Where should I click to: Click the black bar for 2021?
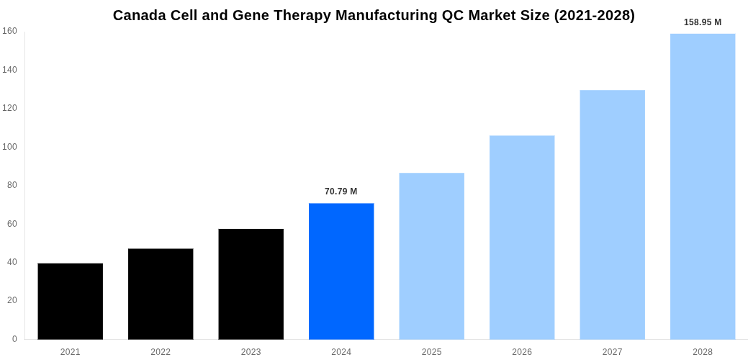[71, 301]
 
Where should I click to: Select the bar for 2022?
[161, 294]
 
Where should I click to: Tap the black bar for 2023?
[251, 284]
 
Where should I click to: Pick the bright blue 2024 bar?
[341, 271]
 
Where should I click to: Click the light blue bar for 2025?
[432, 256]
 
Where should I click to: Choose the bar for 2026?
[522, 237]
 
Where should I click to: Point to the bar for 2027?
[613, 215]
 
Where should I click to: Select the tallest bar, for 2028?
[703, 186]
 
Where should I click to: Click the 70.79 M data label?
[341, 192]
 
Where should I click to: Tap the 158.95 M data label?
[703, 22]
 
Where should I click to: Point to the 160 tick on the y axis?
[9, 31]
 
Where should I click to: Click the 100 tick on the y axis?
[9, 147]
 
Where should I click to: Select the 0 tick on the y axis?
[14, 339]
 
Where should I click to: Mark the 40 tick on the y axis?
[12, 262]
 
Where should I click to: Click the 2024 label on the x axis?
[341, 352]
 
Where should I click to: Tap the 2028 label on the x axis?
[703, 352]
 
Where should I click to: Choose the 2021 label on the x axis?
[71, 352]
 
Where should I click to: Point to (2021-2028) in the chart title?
[594, 15]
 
